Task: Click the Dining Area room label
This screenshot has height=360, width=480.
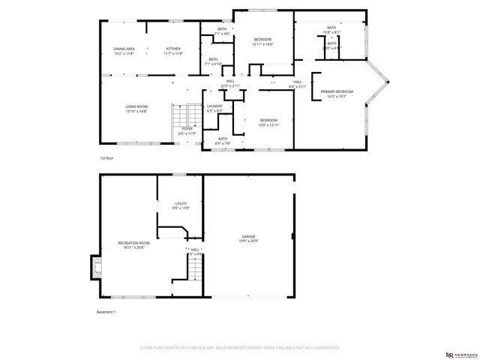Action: click(x=124, y=51)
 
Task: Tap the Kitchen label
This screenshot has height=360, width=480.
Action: click(x=173, y=51)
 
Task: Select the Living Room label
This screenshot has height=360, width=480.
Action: click(x=136, y=109)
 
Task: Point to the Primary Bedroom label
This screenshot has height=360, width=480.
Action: click(x=337, y=94)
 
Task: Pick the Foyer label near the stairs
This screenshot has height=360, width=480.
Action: click(x=187, y=130)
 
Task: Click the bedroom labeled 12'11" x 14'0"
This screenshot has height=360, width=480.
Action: click(x=262, y=42)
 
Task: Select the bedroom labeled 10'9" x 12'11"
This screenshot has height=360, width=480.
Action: click(x=268, y=122)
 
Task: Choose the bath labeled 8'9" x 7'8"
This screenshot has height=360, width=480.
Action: click(x=223, y=140)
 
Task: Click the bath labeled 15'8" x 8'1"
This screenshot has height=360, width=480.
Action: click(x=331, y=30)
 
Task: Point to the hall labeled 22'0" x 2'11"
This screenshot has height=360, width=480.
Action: click(x=230, y=83)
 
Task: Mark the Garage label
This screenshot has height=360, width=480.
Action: click(x=247, y=238)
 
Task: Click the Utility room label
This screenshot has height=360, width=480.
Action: click(x=181, y=205)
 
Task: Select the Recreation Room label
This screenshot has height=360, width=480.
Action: click(x=133, y=245)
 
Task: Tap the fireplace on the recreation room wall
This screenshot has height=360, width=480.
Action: click(x=95, y=265)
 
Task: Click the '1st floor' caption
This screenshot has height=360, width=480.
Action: click(x=106, y=159)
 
